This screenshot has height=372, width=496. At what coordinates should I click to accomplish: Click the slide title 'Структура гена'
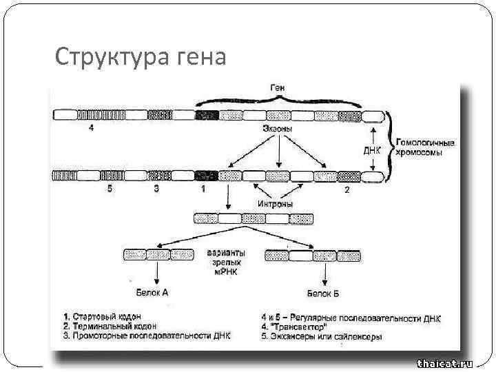140,56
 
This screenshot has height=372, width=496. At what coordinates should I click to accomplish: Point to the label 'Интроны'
276,205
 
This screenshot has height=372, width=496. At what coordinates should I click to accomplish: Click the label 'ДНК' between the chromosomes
372,149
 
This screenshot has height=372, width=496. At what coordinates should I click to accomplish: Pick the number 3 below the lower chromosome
156,189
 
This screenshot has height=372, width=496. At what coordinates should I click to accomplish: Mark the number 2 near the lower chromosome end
347,189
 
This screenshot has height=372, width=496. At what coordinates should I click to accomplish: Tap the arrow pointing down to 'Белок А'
158,274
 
